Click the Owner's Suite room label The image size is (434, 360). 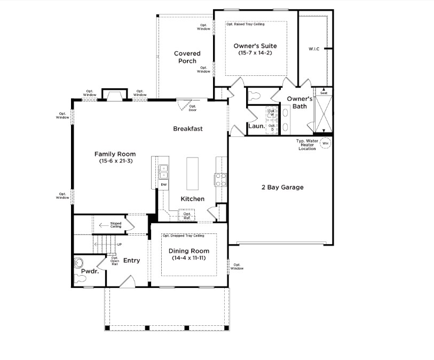pyautogui.click(x=255, y=46)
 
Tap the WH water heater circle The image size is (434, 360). pyautogui.click(x=325, y=143)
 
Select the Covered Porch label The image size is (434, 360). pyautogui.click(x=187, y=57)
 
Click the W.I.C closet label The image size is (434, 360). pyautogui.click(x=314, y=49)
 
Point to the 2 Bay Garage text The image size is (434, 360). pyautogui.click(x=282, y=187)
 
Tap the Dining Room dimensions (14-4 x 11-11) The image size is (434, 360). pyautogui.click(x=188, y=258)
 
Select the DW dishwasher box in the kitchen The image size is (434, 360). pyautogui.click(x=163, y=184)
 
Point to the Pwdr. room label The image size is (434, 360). pyautogui.click(x=87, y=272)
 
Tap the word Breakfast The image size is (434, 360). pyautogui.click(x=188, y=129)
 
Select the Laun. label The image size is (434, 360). pyautogui.click(x=256, y=127)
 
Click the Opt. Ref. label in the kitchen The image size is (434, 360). pyautogui.click(x=187, y=216)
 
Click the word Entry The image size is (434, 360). pyautogui.click(x=131, y=261)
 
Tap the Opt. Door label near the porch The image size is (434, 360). pyautogui.click(x=193, y=108)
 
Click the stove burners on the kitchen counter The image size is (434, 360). pyautogui.click(x=219, y=179)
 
